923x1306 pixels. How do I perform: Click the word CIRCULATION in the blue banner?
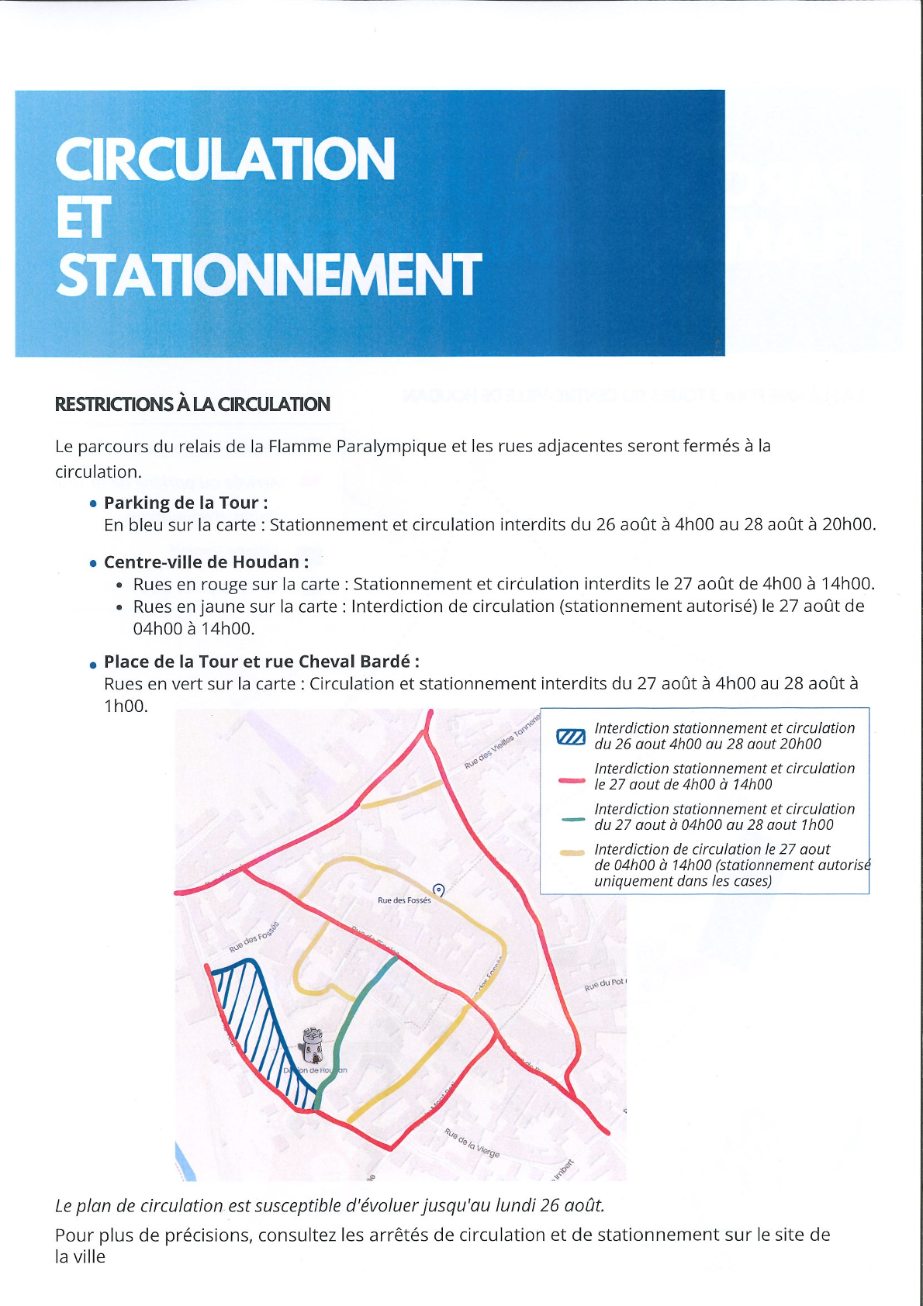click(225, 159)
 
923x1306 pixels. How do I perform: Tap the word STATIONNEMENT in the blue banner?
click(268, 275)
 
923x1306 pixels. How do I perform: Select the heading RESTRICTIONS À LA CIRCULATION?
click(192, 404)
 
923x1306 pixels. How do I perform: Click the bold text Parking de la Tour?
click(185, 503)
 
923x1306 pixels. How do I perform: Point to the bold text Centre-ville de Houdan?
click(206, 562)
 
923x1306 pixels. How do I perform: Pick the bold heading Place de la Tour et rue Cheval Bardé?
click(261, 662)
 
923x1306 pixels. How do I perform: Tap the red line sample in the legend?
click(572, 780)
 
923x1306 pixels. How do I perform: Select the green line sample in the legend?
click(572, 819)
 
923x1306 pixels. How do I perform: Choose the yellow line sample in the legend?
click(572, 853)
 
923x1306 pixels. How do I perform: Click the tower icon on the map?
click(313, 1046)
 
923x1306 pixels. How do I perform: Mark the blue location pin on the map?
click(438, 890)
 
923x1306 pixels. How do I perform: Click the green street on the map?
click(357, 1008)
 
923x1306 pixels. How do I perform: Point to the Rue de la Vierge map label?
click(472, 1142)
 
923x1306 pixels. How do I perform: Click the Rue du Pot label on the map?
click(604, 984)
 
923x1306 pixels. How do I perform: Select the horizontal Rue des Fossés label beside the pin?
click(403, 900)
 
